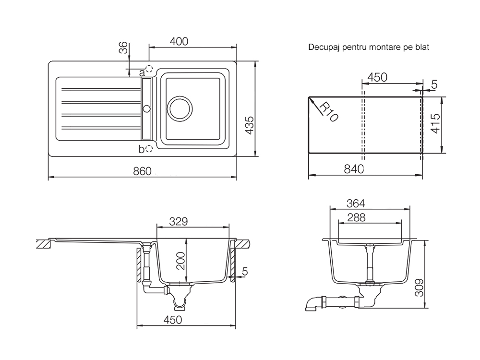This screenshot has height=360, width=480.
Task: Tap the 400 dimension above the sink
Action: point(178,41)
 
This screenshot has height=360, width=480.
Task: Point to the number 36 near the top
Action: point(123,48)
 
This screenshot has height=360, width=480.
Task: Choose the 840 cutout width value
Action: point(354,168)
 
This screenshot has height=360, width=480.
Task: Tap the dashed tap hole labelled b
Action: point(149,149)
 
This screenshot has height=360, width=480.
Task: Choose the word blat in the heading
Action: point(422,48)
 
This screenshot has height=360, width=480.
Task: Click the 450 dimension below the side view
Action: point(172,320)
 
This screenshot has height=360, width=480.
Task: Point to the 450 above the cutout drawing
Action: point(377,77)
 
